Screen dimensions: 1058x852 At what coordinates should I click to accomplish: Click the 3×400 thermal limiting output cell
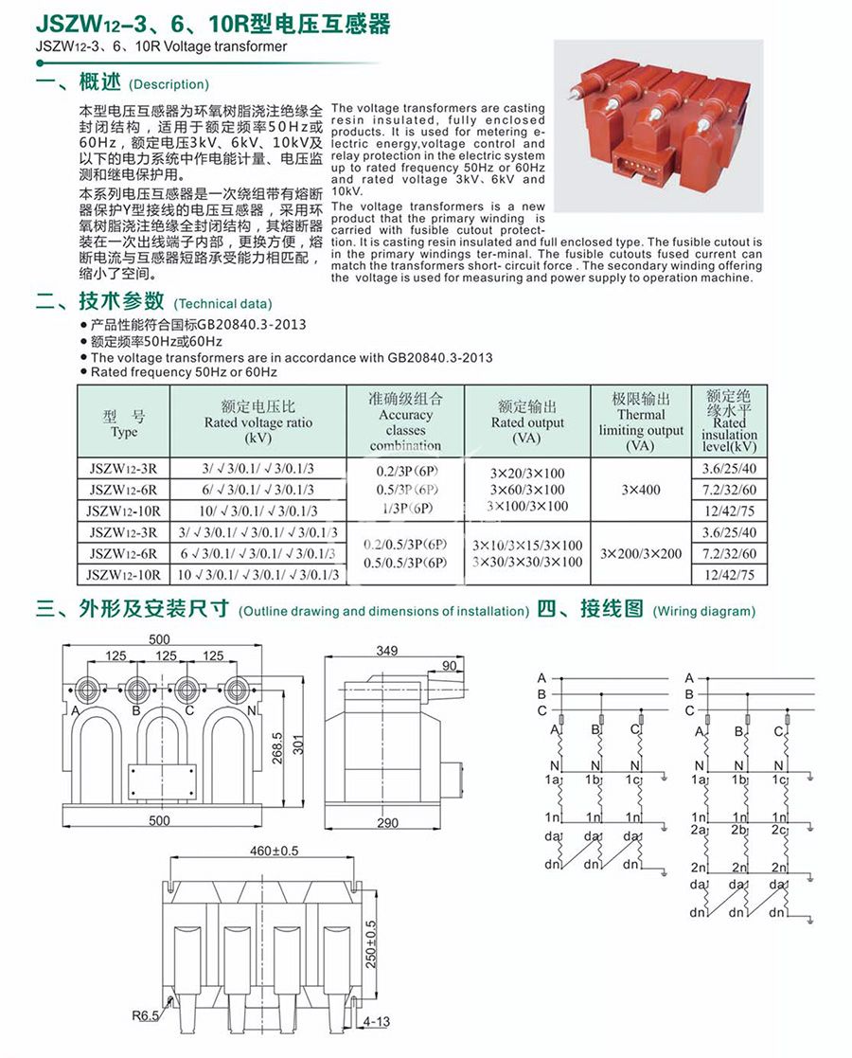coord(641,490)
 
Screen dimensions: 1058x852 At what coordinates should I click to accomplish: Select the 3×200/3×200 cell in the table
coord(641,553)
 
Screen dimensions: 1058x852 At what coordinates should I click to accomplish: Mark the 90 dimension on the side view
coord(449,666)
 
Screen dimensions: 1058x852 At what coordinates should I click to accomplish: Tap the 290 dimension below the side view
coord(387,823)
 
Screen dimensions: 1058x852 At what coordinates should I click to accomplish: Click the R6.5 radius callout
coord(146,1018)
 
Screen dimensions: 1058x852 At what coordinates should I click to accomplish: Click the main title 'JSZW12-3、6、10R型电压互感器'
coord(212,24)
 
